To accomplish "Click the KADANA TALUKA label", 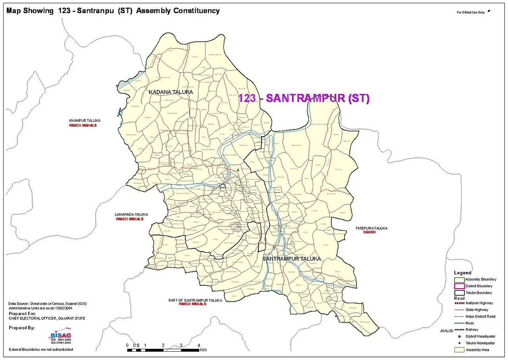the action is [171, 92].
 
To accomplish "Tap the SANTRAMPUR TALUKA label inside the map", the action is [291, 259].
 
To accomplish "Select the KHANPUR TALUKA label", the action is [85, 120].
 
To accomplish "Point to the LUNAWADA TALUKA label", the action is [131, 214].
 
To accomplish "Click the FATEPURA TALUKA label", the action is [371, 228].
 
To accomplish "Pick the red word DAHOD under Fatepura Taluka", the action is [369, 232].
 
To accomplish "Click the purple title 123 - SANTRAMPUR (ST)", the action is [304, 98].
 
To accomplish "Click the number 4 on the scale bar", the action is [199, 345].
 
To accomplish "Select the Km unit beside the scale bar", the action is [204, 350].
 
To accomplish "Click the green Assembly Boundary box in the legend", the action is [459, 279].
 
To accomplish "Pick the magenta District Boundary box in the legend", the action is [459, 286].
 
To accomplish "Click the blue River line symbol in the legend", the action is [459, 323].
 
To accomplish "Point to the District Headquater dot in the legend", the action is [459, 337].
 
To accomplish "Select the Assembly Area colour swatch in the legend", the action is [459, 350].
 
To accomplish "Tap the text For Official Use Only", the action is [471, 13].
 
